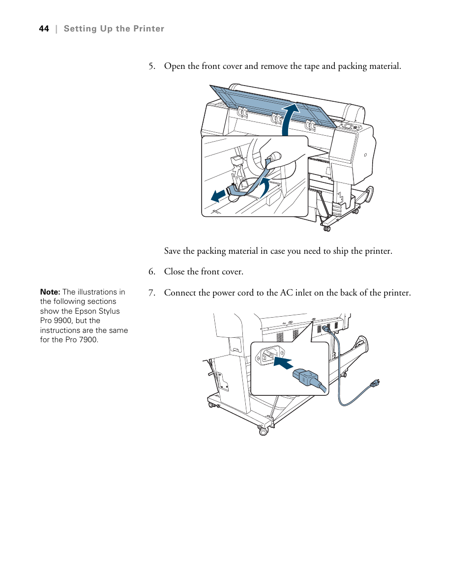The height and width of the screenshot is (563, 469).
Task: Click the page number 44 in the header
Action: click(44, 29)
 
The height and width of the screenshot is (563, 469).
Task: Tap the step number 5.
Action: click(152, 66)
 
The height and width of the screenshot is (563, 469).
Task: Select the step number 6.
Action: click(152, 272)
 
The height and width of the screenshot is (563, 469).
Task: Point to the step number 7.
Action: click(152, 293)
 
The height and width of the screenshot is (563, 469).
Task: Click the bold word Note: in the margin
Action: click(50, 292)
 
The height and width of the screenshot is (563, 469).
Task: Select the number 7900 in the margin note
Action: click(88, 339)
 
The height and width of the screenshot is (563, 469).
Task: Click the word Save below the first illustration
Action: click(172, 251)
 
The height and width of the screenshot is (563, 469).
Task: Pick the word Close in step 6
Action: click(174, 272)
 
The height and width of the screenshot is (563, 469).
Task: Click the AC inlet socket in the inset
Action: click(269, 355)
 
